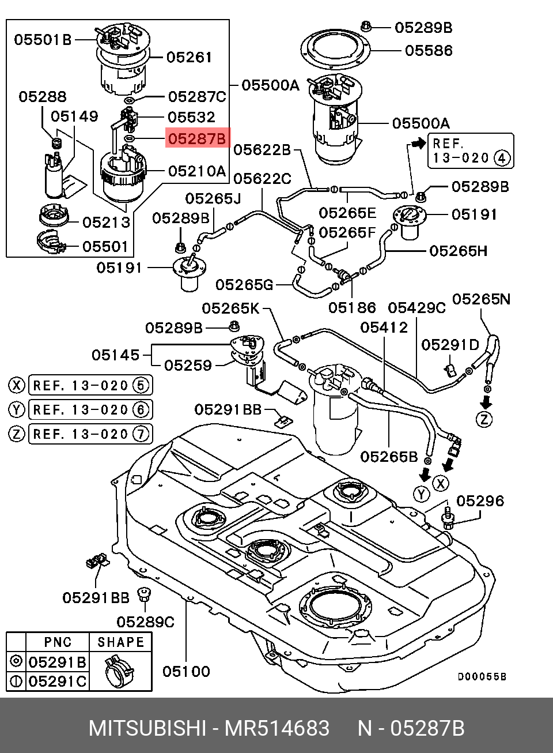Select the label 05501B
(x=43, y=39)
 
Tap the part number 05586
(x=429, y=51)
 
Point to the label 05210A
(x=197, y=171)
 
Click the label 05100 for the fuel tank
(x=186, y=671)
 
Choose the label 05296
(x=480, y=501)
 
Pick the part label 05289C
(x=145, y=622)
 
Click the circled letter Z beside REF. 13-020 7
(x=17, y=433)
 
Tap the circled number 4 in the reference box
(x=502, y=158)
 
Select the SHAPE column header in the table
(x=120, y=642)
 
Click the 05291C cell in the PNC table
(x=58, y=681)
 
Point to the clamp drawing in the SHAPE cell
(x=119, y=671)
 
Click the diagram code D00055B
(x=482, y=677)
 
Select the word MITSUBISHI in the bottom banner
(x=147, y=729)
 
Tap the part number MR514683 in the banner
(x=277, y=729)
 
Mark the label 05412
(x=384, y=327)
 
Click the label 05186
(x=352, y=308)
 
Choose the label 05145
(x=115, y=355)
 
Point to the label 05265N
(x=481, y=299)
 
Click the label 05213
(x=106, y=223)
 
